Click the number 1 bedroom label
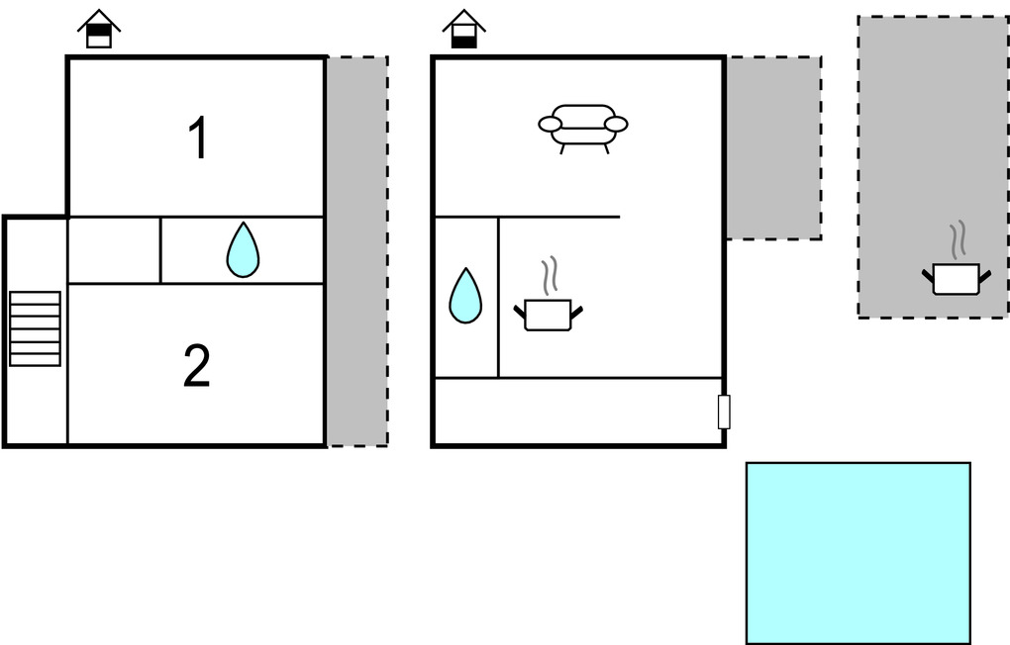coord(199,138)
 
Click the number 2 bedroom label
coord(197,367)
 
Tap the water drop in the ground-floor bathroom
coord(465,296)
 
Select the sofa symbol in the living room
coord(583,127)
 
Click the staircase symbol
coord(35,328)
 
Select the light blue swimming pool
coord(858,553)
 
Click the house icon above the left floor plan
coord(98,30)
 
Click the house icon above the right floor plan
coord(463,30)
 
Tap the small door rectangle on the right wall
coord(724,412)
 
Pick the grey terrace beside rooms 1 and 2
coord(356,251)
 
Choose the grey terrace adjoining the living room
coord(773,147)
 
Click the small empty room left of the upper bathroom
coord(114,249)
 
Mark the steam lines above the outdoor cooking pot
coord(958,240)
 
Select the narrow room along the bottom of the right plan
coord(577,411)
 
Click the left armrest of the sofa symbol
coord(550,124)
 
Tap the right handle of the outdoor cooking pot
coord(983,271)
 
